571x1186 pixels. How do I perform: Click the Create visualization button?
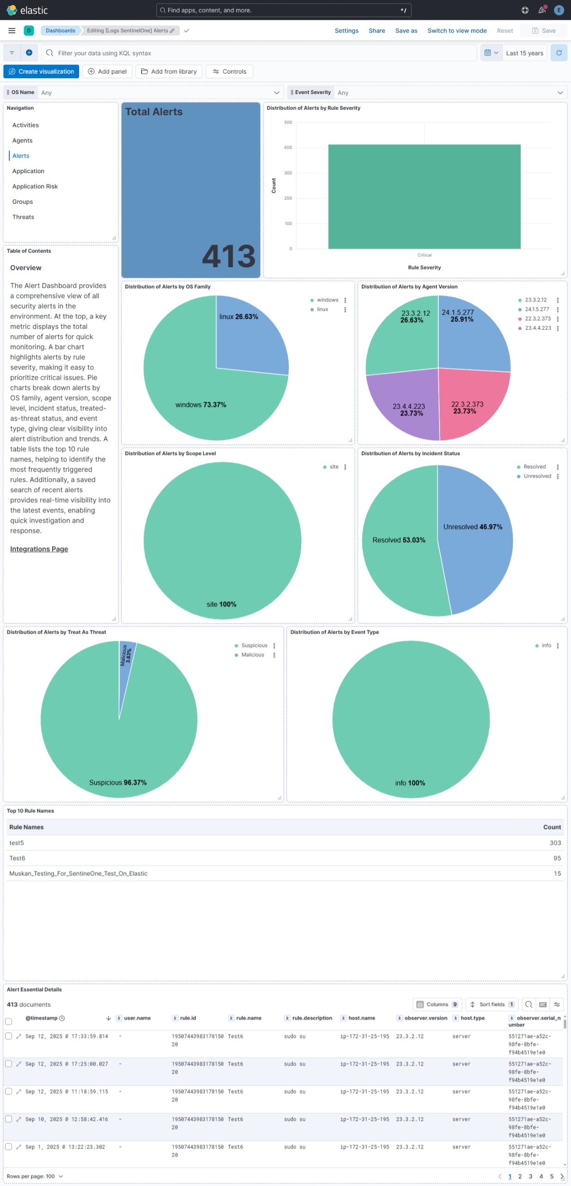41,71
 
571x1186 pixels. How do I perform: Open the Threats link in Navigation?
23,217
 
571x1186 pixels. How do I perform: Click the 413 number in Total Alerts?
229,256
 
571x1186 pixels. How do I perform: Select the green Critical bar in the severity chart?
424,197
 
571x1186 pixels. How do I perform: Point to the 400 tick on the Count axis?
288,148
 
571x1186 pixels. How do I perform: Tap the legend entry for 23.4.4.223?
538,328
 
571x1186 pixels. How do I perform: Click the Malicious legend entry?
252,655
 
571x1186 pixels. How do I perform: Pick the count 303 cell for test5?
555,843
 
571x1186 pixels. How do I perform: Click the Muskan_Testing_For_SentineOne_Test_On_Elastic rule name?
78,874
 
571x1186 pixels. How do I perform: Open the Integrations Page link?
39,549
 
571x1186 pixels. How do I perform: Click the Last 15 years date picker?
524,53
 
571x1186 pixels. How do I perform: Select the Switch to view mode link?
457,31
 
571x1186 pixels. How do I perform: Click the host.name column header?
361,1018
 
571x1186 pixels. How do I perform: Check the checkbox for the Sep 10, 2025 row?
8,1119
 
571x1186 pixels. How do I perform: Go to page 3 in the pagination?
530,1176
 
